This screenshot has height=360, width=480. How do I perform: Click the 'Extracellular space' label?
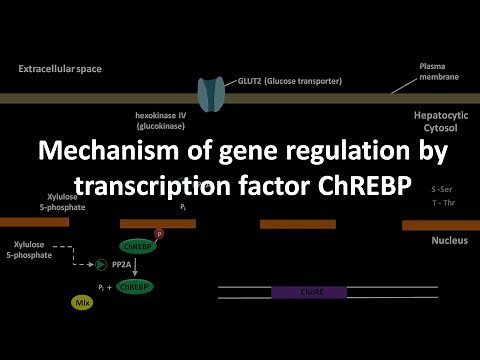point(60,69)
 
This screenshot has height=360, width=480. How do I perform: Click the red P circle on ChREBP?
point(158,233)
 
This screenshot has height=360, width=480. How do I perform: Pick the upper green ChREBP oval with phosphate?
point(136,245)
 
